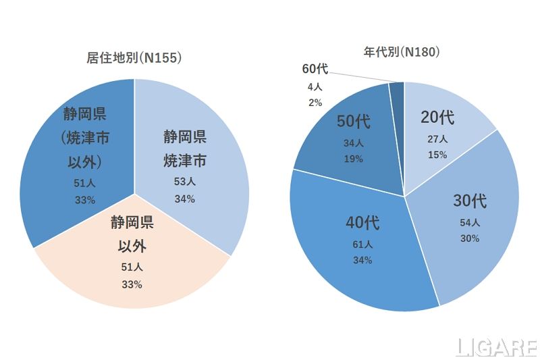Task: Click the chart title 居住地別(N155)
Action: (134, 58)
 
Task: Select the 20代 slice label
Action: (437, 118)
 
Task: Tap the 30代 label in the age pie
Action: (470, 201)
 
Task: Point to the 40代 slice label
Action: (362, 222)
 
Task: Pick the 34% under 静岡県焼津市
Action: (184, 199)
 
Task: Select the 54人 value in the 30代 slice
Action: (470, 222)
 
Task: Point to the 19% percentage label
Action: (353, 159)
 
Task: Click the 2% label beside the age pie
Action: (315, 103)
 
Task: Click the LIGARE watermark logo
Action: (495, 347)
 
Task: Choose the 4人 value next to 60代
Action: (315, 86)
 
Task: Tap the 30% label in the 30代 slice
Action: (470, 238)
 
